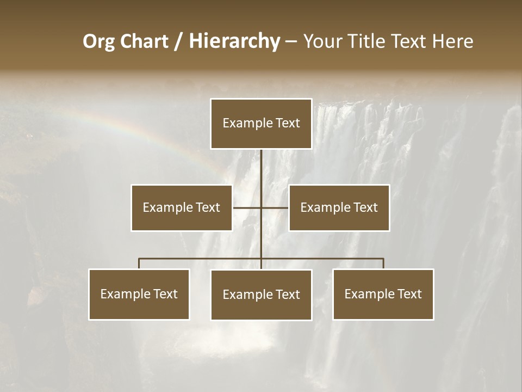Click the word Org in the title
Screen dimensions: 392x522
tap(98, 41)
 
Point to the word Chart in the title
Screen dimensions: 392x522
tap(144, 41)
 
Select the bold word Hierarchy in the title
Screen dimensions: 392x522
tap(234, 41)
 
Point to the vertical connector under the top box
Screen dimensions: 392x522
tap(262, 169)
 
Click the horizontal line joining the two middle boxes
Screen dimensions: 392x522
tap(275, 207)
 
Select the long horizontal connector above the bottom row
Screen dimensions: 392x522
tap(201, 259)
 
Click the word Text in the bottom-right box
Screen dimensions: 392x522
tap(409, 294)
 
